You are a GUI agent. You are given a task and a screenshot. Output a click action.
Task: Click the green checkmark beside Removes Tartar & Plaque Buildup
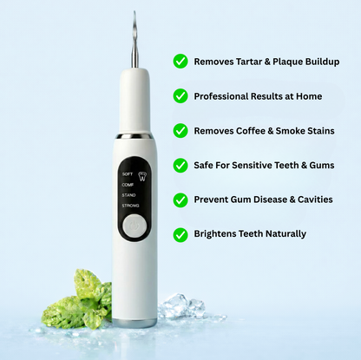[x=180, y=62]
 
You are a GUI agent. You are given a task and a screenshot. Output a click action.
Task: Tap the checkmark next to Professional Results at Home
[x=180, y=96]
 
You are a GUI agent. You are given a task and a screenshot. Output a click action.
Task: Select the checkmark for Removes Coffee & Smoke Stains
[x=180, y=131]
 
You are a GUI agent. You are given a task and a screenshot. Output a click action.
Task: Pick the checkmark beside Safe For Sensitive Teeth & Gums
[x=180, y=165]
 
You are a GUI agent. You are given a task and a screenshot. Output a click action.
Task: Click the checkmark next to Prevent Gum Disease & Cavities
[x=180, y=200]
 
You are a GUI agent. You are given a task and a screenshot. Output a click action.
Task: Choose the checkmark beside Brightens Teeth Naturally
[x=180, y=234]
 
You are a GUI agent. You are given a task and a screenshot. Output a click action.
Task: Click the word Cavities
[x=311, y=200]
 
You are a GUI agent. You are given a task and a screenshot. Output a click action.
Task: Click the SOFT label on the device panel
[x=128, y=173]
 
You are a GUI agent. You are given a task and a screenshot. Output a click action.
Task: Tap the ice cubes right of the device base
[x=183, y=306]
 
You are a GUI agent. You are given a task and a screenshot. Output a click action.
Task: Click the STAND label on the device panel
[x=128, y=195]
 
